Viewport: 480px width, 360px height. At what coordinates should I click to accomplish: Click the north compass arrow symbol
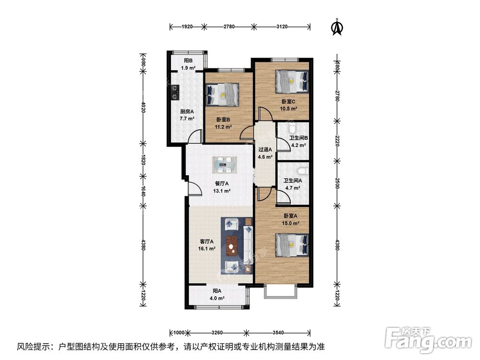[337, 27]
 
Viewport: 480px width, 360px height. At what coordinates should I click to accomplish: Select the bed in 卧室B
[222, 95]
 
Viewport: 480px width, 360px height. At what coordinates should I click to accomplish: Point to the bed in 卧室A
[291, 244]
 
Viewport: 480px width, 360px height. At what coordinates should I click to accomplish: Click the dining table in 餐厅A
[224, 165]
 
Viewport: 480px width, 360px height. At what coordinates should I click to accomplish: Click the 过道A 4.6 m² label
[265, 153]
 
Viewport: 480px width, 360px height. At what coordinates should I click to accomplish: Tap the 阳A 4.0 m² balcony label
[217, 294]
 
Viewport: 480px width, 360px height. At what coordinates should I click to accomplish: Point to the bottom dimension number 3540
[278, 332]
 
